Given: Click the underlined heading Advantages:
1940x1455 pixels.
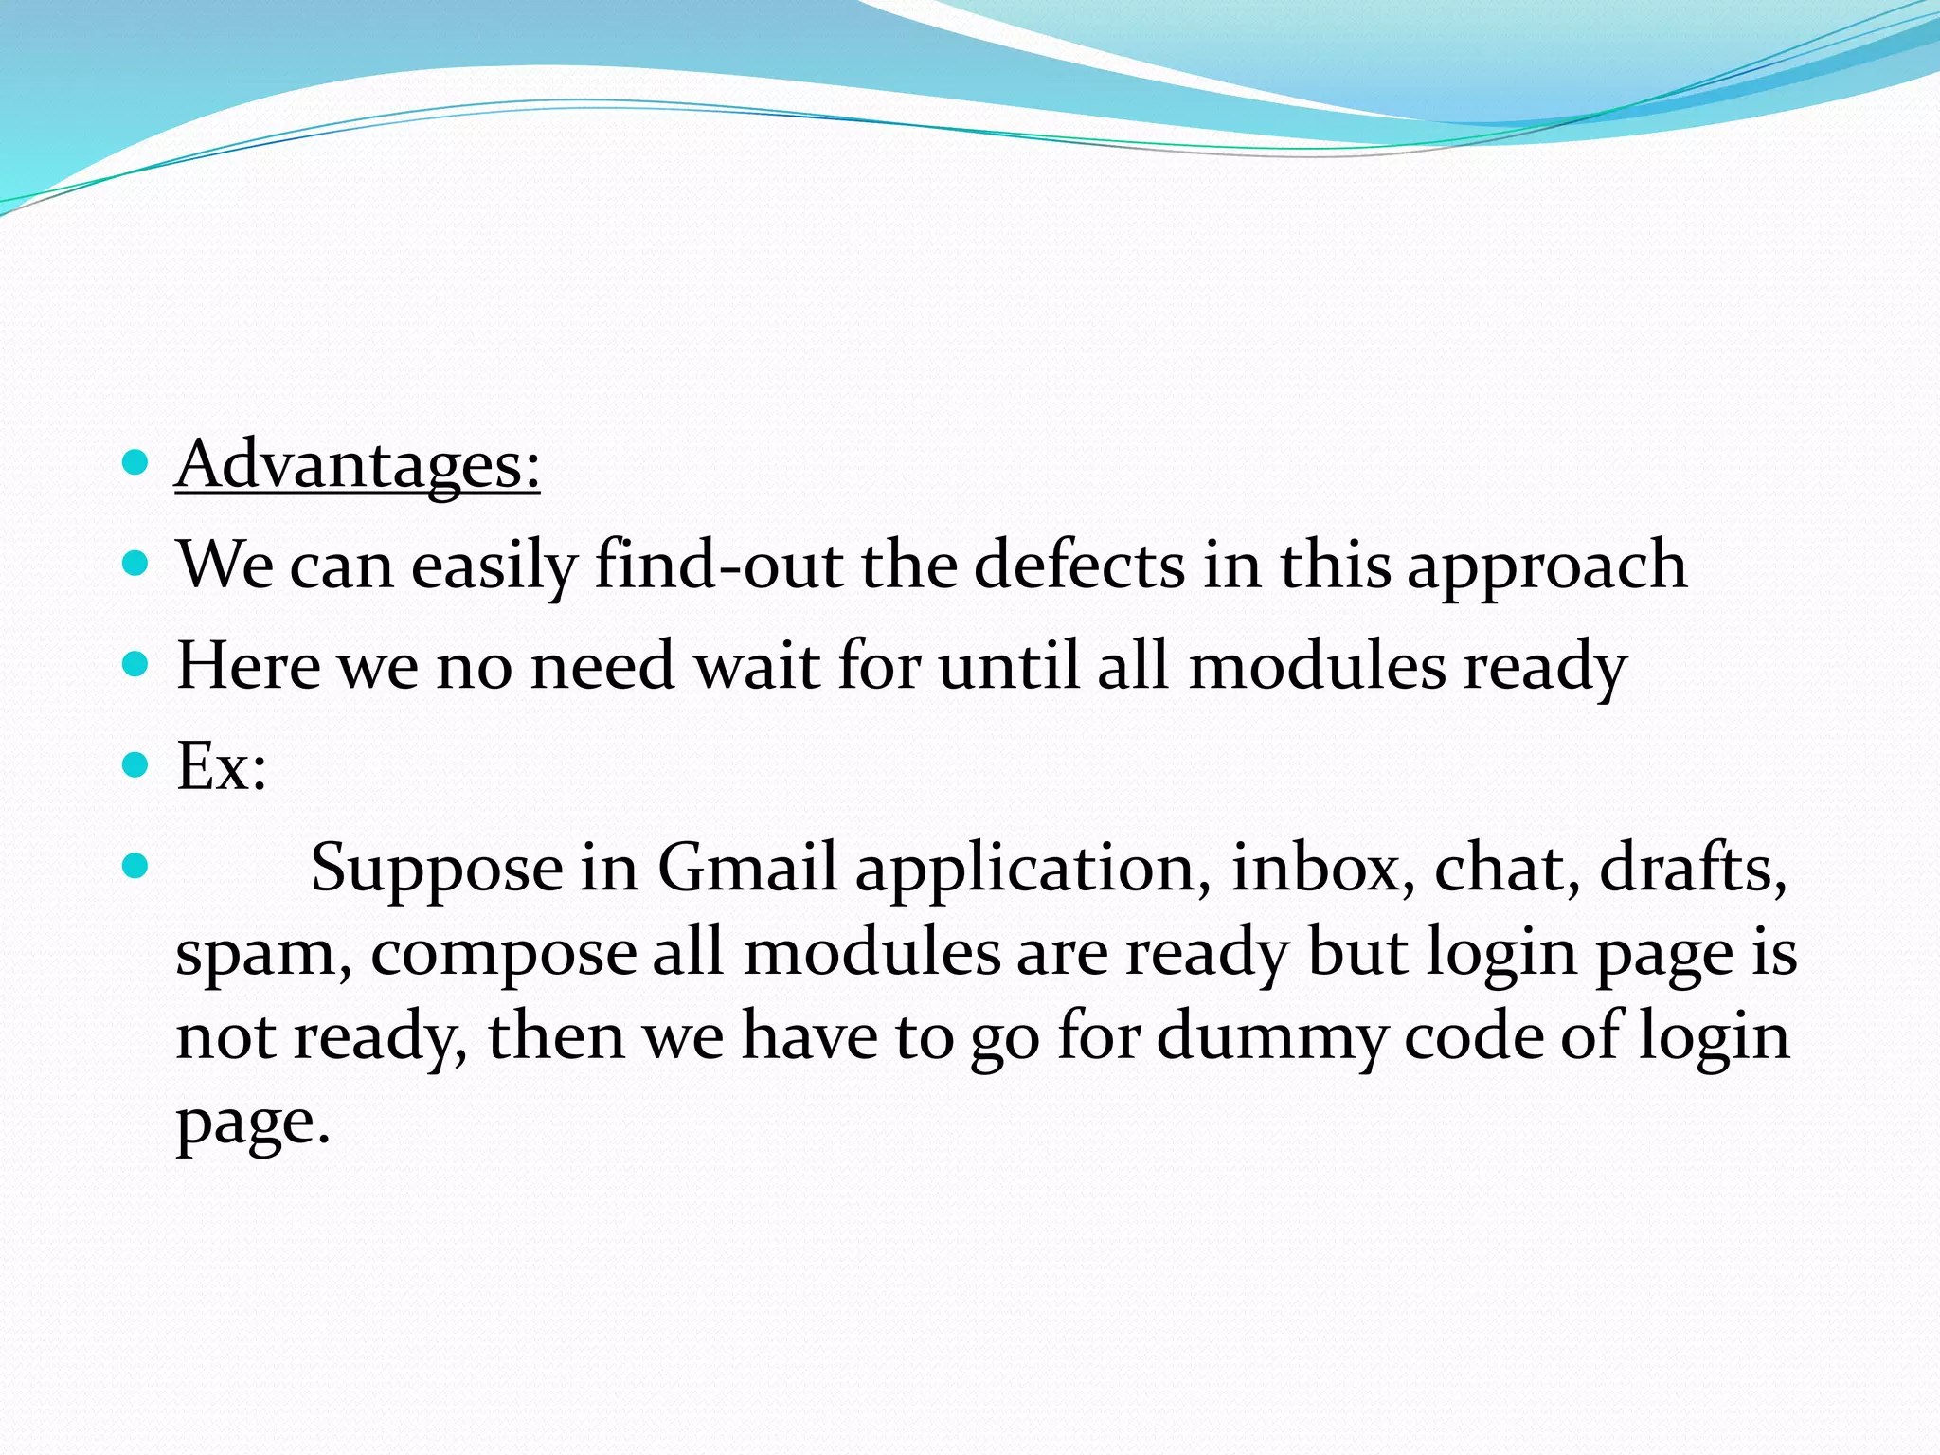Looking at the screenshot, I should click(357, 465).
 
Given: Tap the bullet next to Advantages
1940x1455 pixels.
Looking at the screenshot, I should click(136, 463).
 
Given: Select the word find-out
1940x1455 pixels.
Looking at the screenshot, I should click(718, 566).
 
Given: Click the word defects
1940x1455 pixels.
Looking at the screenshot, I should click(1079, 566).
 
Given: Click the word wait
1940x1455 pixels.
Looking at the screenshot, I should click(757, 666).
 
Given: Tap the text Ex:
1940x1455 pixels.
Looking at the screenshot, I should click(222, 766).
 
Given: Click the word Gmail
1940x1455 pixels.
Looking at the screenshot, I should click(747, 868).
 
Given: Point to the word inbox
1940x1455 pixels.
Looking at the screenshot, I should click(1315, 868).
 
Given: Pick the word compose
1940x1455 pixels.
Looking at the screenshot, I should click(503, 954).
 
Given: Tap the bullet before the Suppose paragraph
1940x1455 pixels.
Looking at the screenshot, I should click(136, 866).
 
